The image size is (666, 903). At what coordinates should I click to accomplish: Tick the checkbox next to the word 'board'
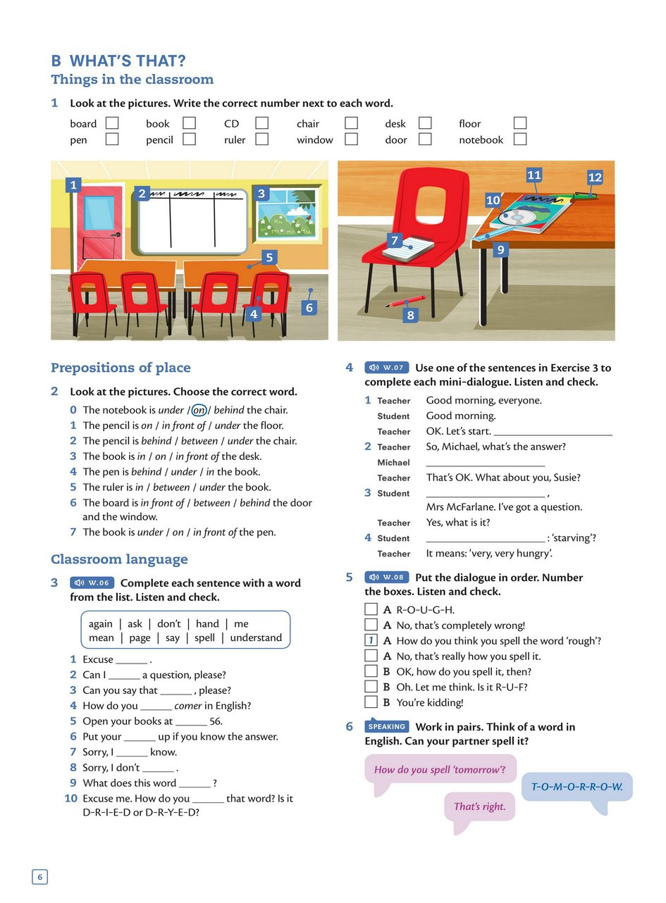coord(112,123)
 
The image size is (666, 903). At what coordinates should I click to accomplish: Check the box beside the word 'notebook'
coord(520,139)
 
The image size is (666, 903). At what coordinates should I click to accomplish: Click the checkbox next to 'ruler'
coord(262,139)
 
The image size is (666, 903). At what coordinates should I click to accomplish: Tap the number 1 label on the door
coord(73,185)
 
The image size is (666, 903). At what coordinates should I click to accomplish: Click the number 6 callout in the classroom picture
coord(309,307)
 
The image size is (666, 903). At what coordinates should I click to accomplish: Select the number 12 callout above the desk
coord(595,178)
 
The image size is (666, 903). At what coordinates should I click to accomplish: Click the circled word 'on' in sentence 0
coord(199,410)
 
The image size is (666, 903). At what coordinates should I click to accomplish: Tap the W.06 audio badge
coord(92,583)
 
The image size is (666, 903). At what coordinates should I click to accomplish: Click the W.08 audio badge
coord(386,578)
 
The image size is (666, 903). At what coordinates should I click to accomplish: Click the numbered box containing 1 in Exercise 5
coord(371,640)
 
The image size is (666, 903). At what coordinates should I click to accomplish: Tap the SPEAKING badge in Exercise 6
coord(387,726)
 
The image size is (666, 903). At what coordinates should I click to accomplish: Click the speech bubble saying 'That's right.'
coord(480,807)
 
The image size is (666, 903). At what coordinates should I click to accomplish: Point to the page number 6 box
coord(39,877)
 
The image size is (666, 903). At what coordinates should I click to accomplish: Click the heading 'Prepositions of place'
coord(121,368)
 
